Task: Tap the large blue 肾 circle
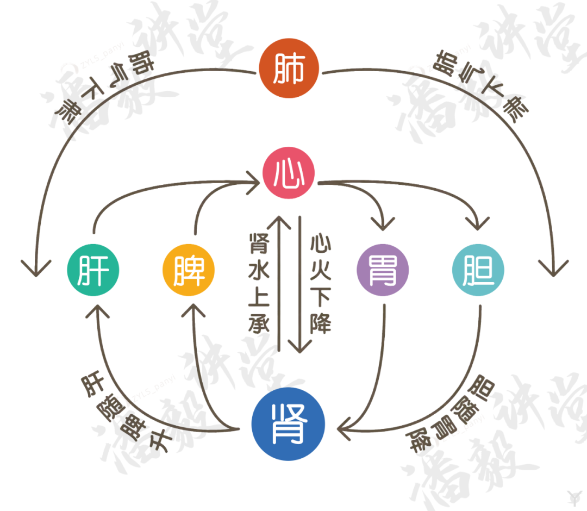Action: coord(289,425)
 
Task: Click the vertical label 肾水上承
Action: coord(259,283)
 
